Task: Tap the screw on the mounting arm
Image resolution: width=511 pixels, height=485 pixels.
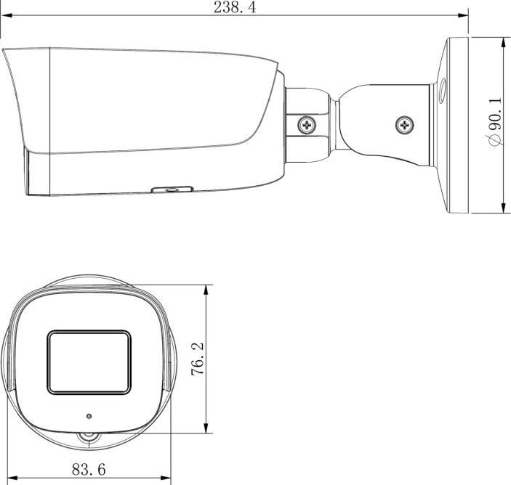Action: [405, 125]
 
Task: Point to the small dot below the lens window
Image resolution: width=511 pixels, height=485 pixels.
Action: [89, 417]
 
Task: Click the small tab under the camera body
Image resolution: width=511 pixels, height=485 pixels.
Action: [170, 190]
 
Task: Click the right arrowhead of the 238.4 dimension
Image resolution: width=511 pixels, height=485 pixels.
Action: [464, 15]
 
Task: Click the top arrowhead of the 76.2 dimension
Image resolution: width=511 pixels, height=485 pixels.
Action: [208, 288]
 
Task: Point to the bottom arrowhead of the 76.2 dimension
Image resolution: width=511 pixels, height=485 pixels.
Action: [208, 429]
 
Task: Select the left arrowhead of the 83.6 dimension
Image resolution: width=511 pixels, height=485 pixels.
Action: [12, 478]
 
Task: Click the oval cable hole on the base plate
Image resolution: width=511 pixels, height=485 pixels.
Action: [440, 91]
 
